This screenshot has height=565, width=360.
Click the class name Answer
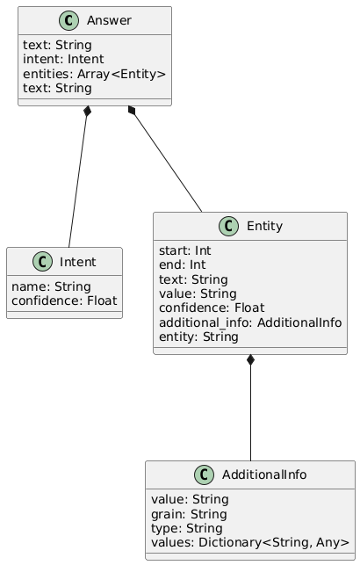[x=109, y=20]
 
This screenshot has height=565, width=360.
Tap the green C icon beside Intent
[x=42, y=262]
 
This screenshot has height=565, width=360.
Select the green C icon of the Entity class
[x=228, y=227]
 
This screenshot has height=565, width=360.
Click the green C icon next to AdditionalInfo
[x=204, y=474]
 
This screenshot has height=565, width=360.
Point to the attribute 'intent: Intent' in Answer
[x=63, y=59]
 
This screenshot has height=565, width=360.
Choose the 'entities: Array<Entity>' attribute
[x=94, y=74]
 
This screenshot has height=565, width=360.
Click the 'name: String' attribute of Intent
[x=51, y=286]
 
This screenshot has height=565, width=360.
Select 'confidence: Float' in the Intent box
[x=64, y=301]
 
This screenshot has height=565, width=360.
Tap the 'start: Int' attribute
[x=185, y=250]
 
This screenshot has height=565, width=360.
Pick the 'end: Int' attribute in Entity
[x=182, y=264]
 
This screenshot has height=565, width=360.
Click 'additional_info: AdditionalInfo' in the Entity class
[x=250, y=322]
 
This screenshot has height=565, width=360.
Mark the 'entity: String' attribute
[x=198, y=337]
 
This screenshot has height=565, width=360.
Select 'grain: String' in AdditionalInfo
[x=189, y=514]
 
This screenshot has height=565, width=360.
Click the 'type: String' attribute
[x=187, y=529]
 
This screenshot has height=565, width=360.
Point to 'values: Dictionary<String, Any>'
[x=250, y=543]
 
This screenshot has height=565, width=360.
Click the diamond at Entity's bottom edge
[x=250, y=360]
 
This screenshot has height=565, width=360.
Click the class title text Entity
[x=264, y=227]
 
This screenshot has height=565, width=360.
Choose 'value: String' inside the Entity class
[x=198, y=293]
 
